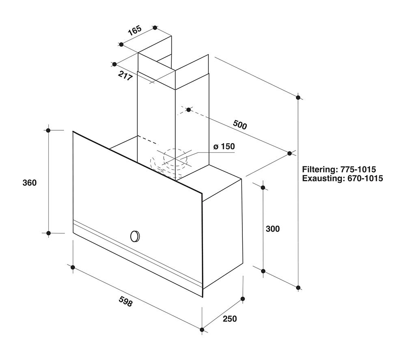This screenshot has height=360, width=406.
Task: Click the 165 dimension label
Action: click(135, 30)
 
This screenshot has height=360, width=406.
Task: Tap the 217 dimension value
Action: click(125, 75)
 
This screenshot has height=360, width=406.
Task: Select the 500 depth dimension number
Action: click(240, 125)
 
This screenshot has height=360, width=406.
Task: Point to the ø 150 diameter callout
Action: click(224, 147)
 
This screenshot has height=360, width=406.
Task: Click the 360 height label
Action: click(30, 183)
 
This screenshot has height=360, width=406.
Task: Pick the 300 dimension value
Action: click(273, 229)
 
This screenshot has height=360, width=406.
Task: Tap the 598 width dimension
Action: click(126, 302)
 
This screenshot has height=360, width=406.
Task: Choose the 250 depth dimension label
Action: click(230, 319)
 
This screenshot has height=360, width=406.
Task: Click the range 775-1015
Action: click(358, 169)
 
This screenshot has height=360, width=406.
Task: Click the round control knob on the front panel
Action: click(135, 236)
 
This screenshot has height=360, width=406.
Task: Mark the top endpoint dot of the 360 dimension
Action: click(48, 130)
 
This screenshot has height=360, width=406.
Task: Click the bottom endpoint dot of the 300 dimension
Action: click(263, 271)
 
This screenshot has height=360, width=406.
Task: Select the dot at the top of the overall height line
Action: click(298, 97)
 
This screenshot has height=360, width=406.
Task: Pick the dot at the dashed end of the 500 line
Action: click(188, 110)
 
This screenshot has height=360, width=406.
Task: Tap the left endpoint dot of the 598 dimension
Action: click(73, 267)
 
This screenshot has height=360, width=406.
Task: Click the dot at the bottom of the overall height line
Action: click(298, 287)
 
